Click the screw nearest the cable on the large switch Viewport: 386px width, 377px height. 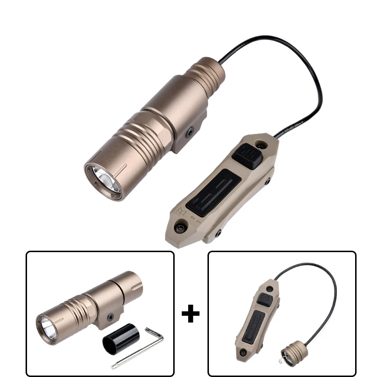(x=262, y=143)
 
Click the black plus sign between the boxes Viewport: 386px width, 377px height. (x=191, y=314)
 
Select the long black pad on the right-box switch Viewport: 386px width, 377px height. (x=254, y=325)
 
